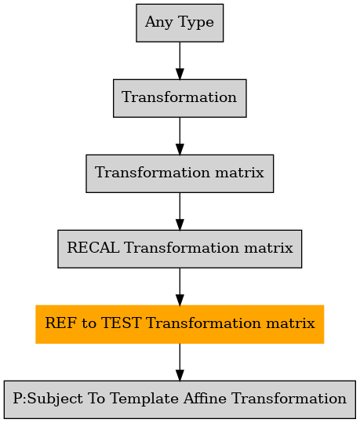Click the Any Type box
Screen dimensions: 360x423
pyautogui.click(x=180, y=23)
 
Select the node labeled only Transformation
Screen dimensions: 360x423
pyautogui.click(x=180, y=98)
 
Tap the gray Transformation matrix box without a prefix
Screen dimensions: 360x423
pyautogui.click(x=180, y=173)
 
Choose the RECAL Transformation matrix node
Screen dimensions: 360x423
pyautogui.click(x=180, y=249)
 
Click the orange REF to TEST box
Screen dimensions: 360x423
pyautogui.click(x=180, y=324)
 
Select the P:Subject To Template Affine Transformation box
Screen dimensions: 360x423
pyautogui.click(x=180, y=399)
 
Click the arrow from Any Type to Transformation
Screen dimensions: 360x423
pyautogui.click(x=180, y=60)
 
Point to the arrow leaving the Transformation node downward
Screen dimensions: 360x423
pyautogui.click(x=180, y=136)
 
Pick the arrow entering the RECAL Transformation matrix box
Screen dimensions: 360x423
pyautogui.click(x=180, y=212)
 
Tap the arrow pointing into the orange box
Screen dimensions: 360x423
pyautogui.click(x=180, y=286)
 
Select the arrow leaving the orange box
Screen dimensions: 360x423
pyautogui.click(x=180, y=362)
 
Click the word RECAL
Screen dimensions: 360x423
pyautogui.click(x=93, y=247)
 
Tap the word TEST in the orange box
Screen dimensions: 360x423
pyautogui.click(x=121, y=323)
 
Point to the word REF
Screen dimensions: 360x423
pyautogui.click(x=60, y=323)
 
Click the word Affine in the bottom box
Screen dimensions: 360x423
pyautogui.click(x=205, y=398)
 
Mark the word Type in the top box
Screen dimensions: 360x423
pyautogui.click(x=196, y=23)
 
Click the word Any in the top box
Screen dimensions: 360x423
pyautogui.click(x=159, y=23)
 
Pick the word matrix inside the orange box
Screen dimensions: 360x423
pyautogui.click(x=290, y=323)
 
